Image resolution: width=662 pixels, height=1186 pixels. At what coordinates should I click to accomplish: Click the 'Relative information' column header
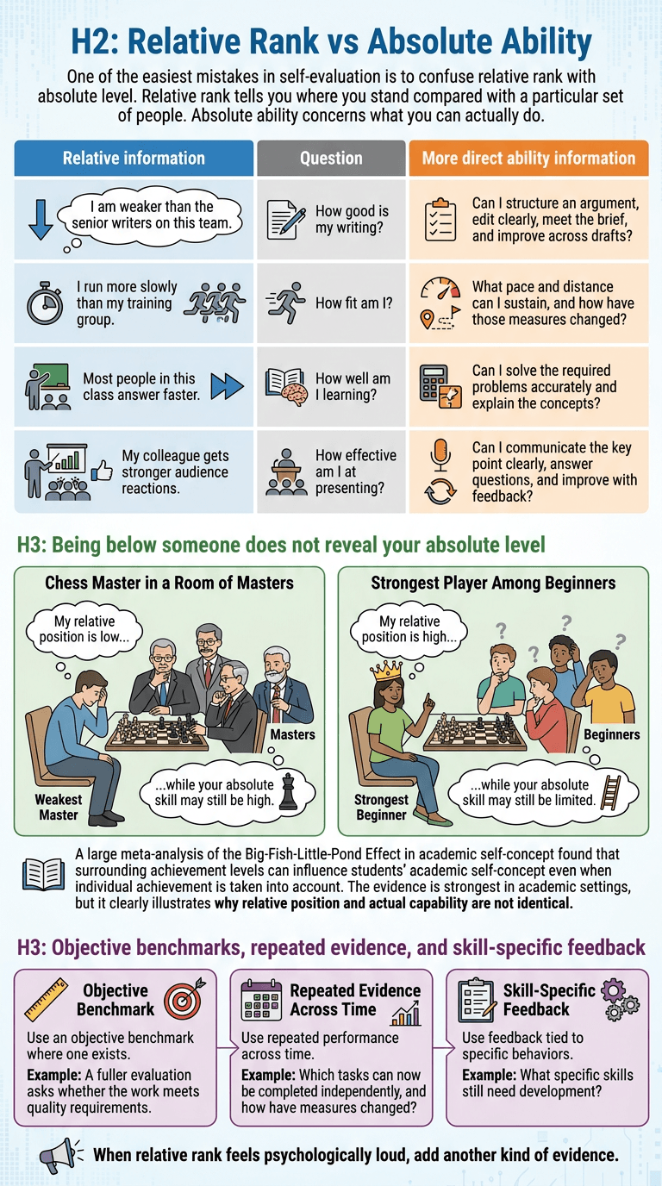(x=134, y=158)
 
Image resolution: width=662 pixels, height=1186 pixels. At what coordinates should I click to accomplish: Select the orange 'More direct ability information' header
(x=528, y=158)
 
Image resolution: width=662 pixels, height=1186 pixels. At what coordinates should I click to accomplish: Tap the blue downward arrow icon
(x=41, y=220)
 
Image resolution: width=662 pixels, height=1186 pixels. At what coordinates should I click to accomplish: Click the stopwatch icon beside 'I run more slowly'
(x=45, y=303)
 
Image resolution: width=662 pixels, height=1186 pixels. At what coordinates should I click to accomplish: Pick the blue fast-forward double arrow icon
(x=228, y=386)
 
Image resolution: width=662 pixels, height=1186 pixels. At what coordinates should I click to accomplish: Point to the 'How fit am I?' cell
(x=332, y=303)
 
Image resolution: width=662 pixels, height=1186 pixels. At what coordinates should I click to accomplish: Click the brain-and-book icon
(x=286, y=386)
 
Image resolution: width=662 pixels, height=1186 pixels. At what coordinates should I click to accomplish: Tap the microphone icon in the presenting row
(x=440, y=455)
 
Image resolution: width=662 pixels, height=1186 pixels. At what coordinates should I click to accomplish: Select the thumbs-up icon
(x=102, y=471)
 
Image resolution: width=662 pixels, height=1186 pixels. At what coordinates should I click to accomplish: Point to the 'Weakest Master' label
(x=59, y=807)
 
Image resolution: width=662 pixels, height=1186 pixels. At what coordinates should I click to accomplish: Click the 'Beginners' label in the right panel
(x=612, y=734)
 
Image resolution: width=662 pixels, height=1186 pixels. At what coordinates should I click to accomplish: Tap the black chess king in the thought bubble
(x=288, y=791)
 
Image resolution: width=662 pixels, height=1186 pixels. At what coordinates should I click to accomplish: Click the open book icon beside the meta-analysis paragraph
(x=43, y=875)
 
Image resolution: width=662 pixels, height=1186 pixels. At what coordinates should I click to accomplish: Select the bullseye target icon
(x=184, y=999)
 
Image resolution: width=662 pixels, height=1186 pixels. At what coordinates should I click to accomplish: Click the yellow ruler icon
(x=47, y=999)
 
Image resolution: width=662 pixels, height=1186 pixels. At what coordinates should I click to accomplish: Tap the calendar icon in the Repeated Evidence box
(x=261, y=1000)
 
